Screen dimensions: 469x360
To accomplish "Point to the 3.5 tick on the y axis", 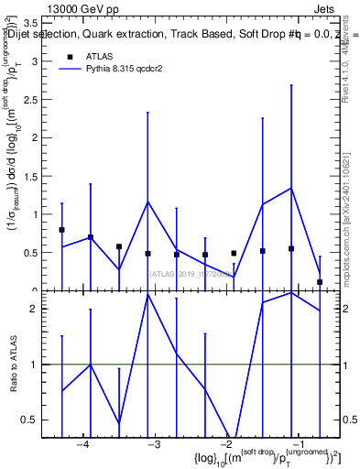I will click(x=29, y=24).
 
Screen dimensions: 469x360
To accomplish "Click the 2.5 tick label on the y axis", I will click(x=29, y=100).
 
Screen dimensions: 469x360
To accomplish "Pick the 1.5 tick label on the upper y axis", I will click(x=29, y=176).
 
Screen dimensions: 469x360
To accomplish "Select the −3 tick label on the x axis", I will click(x=154, y=444).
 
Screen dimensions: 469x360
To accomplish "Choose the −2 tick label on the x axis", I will click(x=226, y=444).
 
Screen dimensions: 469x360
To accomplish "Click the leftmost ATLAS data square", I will click(x=61, y=230).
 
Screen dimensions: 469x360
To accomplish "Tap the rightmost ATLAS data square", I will click(x=320, y=282).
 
